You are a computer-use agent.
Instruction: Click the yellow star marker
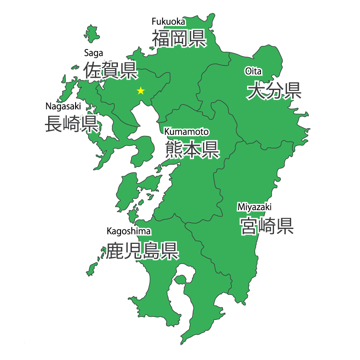(x=141, y=91)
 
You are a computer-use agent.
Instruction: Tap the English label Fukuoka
(x=168, y=21)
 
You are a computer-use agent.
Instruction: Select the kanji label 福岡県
(x=179, y=38)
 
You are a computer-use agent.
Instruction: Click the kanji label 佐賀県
(x=110, y=70)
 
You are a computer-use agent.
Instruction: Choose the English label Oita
(x=253, y=71)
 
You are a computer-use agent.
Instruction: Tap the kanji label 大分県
(x=274, y=91)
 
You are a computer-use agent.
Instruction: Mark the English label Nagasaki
(x=63, y=106)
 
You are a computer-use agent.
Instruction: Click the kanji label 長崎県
(x=71, y=123)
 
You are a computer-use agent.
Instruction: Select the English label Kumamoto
(x=186, y=132)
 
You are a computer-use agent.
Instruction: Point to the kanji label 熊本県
(x=191, y=149)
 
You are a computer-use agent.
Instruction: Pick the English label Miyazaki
(x=255, y=207)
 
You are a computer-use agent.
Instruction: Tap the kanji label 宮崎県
(x=267, y=225)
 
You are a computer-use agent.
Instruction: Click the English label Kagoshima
(x=128, y=231)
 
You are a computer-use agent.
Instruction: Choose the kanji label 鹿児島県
(x=142, y=251)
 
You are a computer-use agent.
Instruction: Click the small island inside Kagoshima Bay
(x=180, y=280)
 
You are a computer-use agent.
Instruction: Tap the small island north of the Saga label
(x=92, y=33)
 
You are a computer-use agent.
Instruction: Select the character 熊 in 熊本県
(x=173, y=149)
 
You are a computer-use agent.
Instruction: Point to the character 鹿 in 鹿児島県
(x=114, y=251)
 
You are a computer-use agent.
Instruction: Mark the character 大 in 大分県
(x=256, y=91)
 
